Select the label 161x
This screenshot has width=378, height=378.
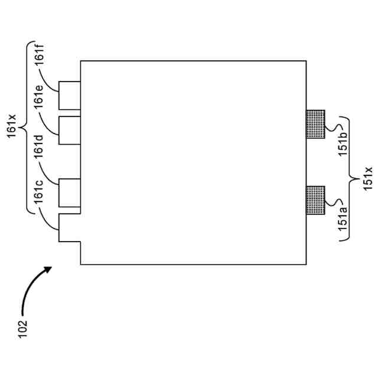click(12, 126)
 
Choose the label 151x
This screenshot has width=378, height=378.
click(367, 177)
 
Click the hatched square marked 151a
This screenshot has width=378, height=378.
click(315, 200)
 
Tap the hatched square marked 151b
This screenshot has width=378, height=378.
click(315, 124)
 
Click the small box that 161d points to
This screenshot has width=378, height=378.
click(70, 193)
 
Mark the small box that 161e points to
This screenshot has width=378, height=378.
click(70, 131)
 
